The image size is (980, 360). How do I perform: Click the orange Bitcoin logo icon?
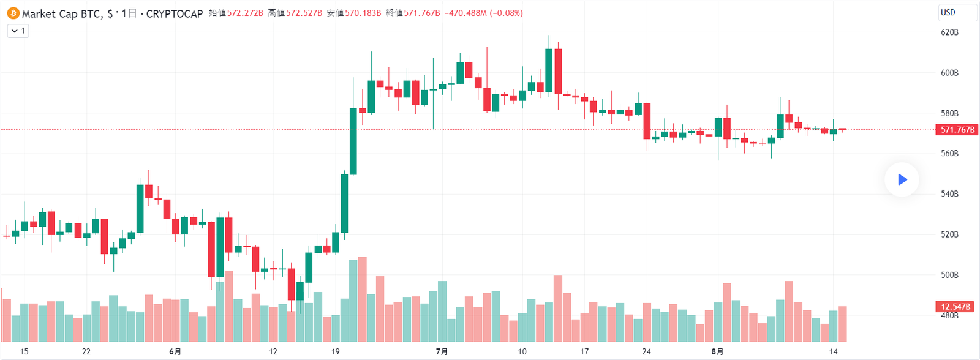(13, 13)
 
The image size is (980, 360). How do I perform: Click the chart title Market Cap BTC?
(61, 13)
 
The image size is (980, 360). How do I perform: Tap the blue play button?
(902, 179)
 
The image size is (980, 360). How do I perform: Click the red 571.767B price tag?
(957, 130)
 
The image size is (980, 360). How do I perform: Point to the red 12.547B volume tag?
(956, 307)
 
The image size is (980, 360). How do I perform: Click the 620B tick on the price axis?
(949, 32)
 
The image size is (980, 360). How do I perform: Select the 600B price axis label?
(949, 73)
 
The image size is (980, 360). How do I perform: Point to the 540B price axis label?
(949, 194)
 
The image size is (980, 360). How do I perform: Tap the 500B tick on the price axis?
(949, 275)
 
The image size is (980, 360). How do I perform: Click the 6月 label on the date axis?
(175, 351)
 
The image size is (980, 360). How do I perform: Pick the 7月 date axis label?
(442, 351)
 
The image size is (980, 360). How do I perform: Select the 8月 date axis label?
(717, 351)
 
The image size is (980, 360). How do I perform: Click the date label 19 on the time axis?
(336, 351)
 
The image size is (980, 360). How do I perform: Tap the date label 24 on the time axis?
(647, 351)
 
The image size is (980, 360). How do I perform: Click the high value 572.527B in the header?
(304, 13)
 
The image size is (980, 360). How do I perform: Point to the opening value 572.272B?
(245, 13)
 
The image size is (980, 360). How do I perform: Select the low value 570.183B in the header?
(363, 13)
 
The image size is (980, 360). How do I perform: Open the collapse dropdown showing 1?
(18, 31)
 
